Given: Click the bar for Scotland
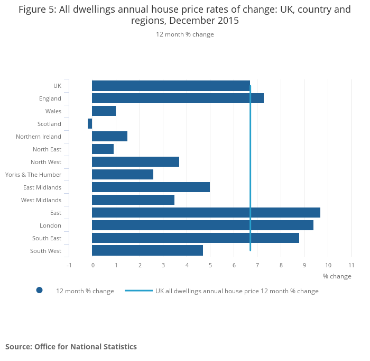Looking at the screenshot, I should [90, 124].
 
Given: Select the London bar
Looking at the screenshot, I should [202, 225].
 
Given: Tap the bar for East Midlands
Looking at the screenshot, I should [151, 187].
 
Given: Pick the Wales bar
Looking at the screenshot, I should [104, 111].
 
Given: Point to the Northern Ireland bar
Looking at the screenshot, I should [109, 137].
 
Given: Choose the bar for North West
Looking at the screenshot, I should [135, 162].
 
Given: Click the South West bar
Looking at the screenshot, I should [147, 251].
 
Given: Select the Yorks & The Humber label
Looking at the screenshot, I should [33, 175].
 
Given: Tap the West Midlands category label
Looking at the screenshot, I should [41, 200].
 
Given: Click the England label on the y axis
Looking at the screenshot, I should [50, 98].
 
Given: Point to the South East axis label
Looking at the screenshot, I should [47, 238].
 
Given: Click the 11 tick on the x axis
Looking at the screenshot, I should [351, 265].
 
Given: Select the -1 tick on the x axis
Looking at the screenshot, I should [69, 265].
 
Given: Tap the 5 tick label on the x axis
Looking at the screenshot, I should [210, 265].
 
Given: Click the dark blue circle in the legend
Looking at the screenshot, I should [39, 290].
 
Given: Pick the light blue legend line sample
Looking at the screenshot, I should [138, 291].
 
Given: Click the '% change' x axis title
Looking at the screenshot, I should [337, 276].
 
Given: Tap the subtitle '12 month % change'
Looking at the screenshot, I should [184, 34].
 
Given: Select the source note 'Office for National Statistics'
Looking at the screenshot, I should [86, 347].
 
